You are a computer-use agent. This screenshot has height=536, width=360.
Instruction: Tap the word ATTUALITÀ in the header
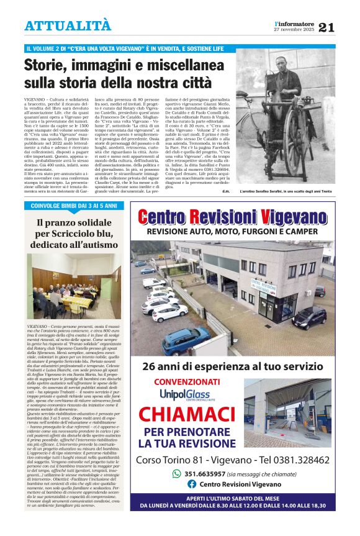pyautogui.click(x=68, y=25)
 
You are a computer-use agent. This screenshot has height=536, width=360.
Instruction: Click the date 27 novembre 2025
pyautogui.click(x=294, y=30)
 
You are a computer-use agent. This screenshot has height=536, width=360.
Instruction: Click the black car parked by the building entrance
pyautogui.click(x=310, y=317)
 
